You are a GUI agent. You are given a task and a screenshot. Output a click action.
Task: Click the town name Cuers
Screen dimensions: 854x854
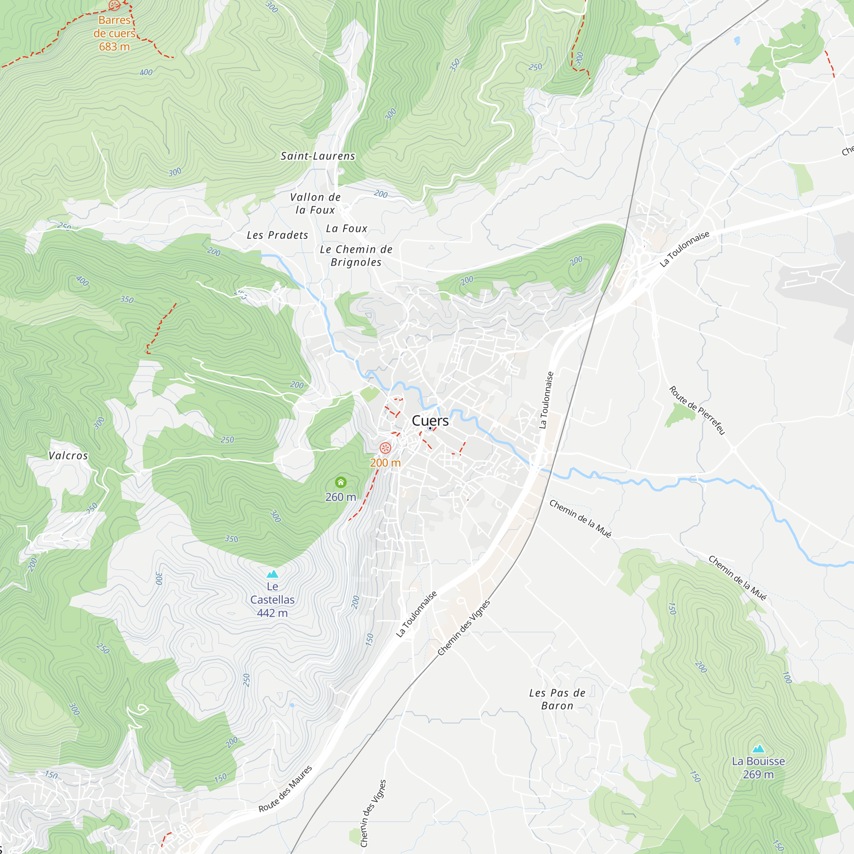pos(430,421)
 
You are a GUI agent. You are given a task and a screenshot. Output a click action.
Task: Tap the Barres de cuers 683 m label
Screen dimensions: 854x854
pos(114,33)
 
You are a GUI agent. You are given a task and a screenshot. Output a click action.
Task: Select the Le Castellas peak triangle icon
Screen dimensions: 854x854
pos(272,574)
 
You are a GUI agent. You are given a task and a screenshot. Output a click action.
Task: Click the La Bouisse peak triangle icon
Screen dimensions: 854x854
pos(758,749)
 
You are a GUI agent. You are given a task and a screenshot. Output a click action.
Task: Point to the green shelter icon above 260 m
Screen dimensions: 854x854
pos(341,482)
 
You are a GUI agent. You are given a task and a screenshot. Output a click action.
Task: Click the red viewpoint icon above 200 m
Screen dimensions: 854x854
pos(386,448)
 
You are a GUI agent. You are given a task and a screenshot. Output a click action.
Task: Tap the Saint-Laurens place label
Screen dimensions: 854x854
pos(318,156)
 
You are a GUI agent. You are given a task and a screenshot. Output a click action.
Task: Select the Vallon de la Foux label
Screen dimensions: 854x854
pos(315,204)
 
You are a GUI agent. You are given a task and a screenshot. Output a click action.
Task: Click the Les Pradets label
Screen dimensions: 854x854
pos(277,235)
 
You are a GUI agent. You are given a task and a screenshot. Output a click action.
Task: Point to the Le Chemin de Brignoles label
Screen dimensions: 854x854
pos(356,256)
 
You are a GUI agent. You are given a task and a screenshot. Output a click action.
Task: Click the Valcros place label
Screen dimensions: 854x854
pos(68,456)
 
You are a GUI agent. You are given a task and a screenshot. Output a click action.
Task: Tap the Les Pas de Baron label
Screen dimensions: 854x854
pos(557,699)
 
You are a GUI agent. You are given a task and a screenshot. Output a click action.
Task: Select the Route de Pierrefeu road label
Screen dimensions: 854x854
pos(697,410)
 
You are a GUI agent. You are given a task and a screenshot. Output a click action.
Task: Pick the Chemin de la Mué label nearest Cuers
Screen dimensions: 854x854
pos(580,519)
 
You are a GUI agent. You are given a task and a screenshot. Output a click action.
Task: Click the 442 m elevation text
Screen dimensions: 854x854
pos(272,613)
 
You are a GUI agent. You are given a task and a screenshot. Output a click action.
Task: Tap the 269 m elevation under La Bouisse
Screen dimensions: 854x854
pos(758,775)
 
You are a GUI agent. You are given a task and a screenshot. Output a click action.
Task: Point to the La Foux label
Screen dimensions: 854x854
pos(347,228)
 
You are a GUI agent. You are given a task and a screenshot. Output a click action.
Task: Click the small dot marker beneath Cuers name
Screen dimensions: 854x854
pos(430,428)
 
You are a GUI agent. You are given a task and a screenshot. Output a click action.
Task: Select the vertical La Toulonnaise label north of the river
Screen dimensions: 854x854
pos(547,400)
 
